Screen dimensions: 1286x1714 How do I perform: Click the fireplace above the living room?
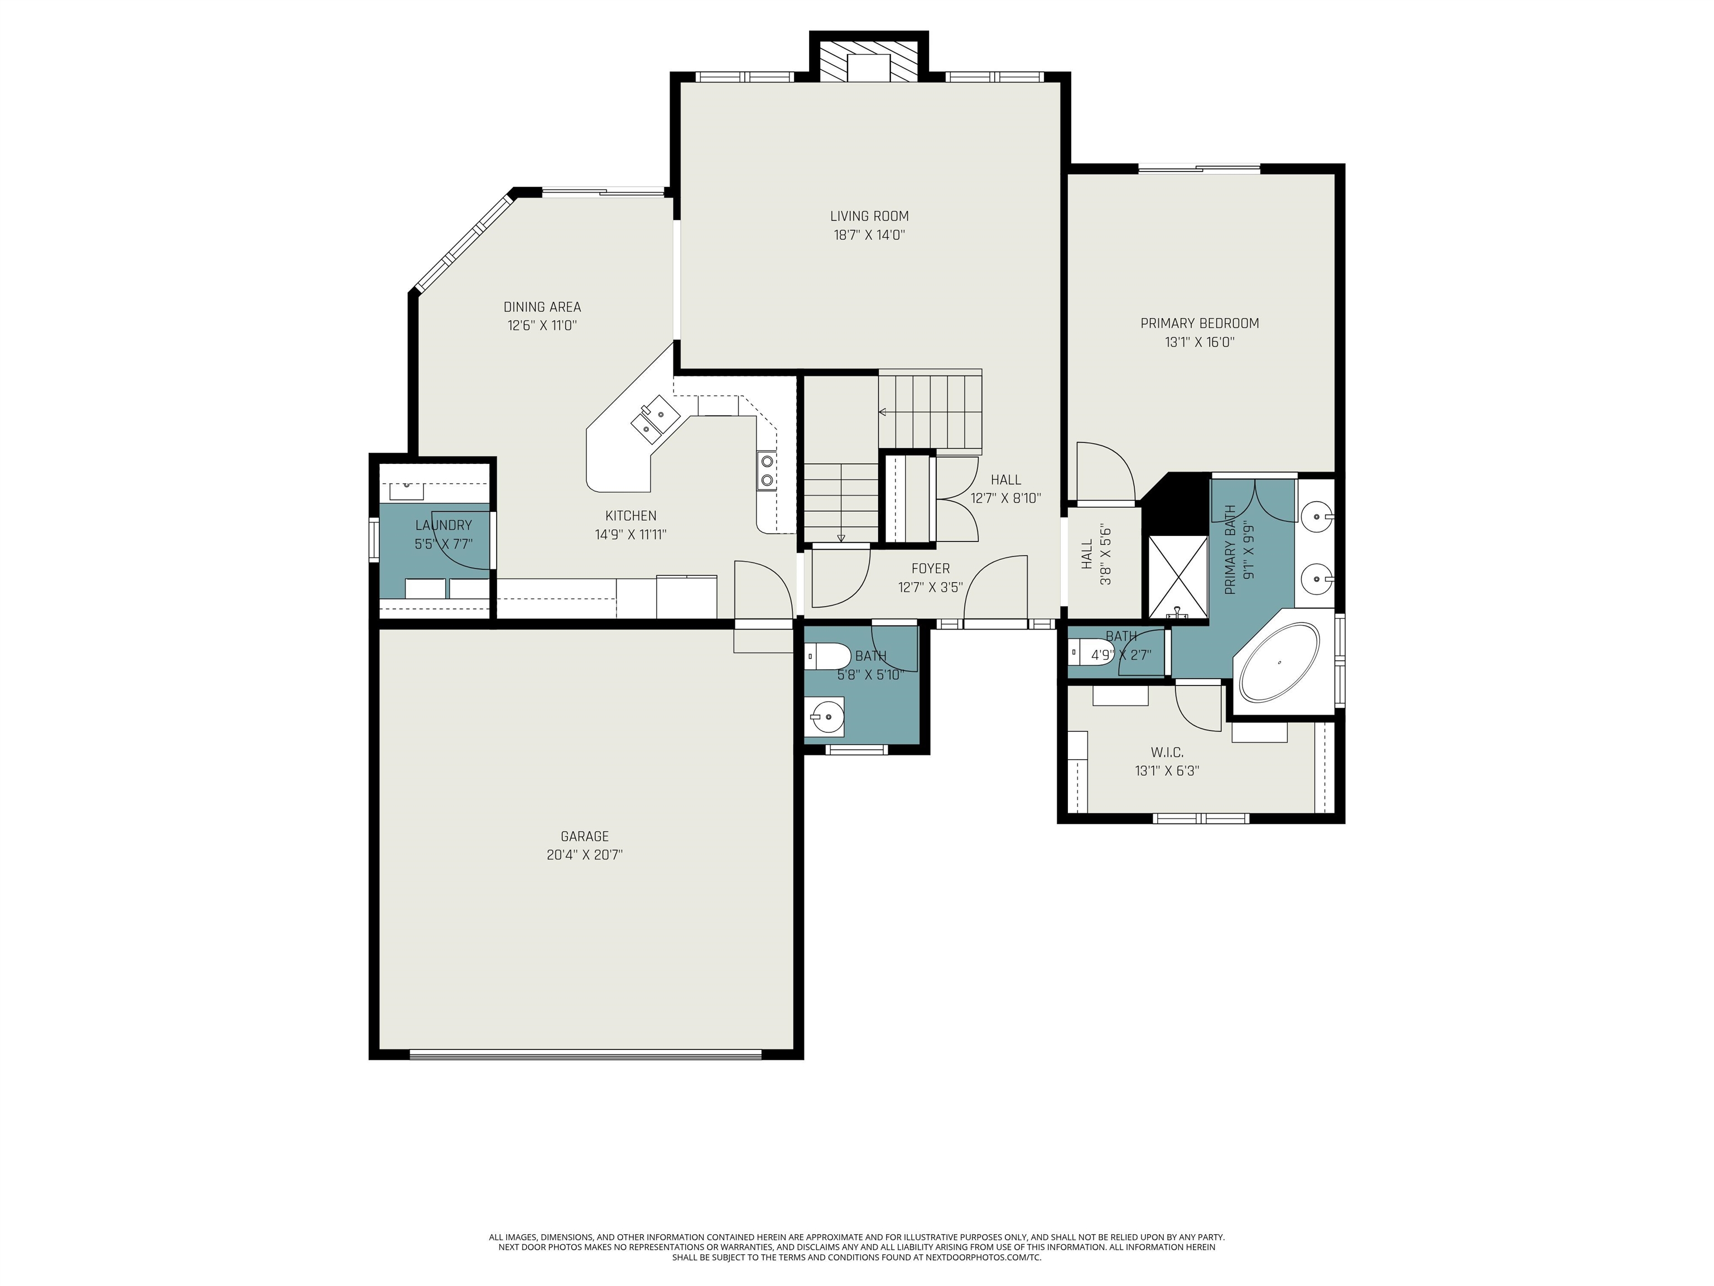(869, 60)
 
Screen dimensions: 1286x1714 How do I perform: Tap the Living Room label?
(869, 216)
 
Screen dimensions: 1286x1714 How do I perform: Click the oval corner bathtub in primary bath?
(1279, 664)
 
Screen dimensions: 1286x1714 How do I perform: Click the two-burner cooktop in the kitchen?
(767, 471)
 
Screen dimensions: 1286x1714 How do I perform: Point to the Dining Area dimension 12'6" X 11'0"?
(542, 325)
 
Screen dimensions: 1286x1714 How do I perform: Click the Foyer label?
(930, 568)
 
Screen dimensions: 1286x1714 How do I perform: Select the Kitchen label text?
(630, 516)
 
